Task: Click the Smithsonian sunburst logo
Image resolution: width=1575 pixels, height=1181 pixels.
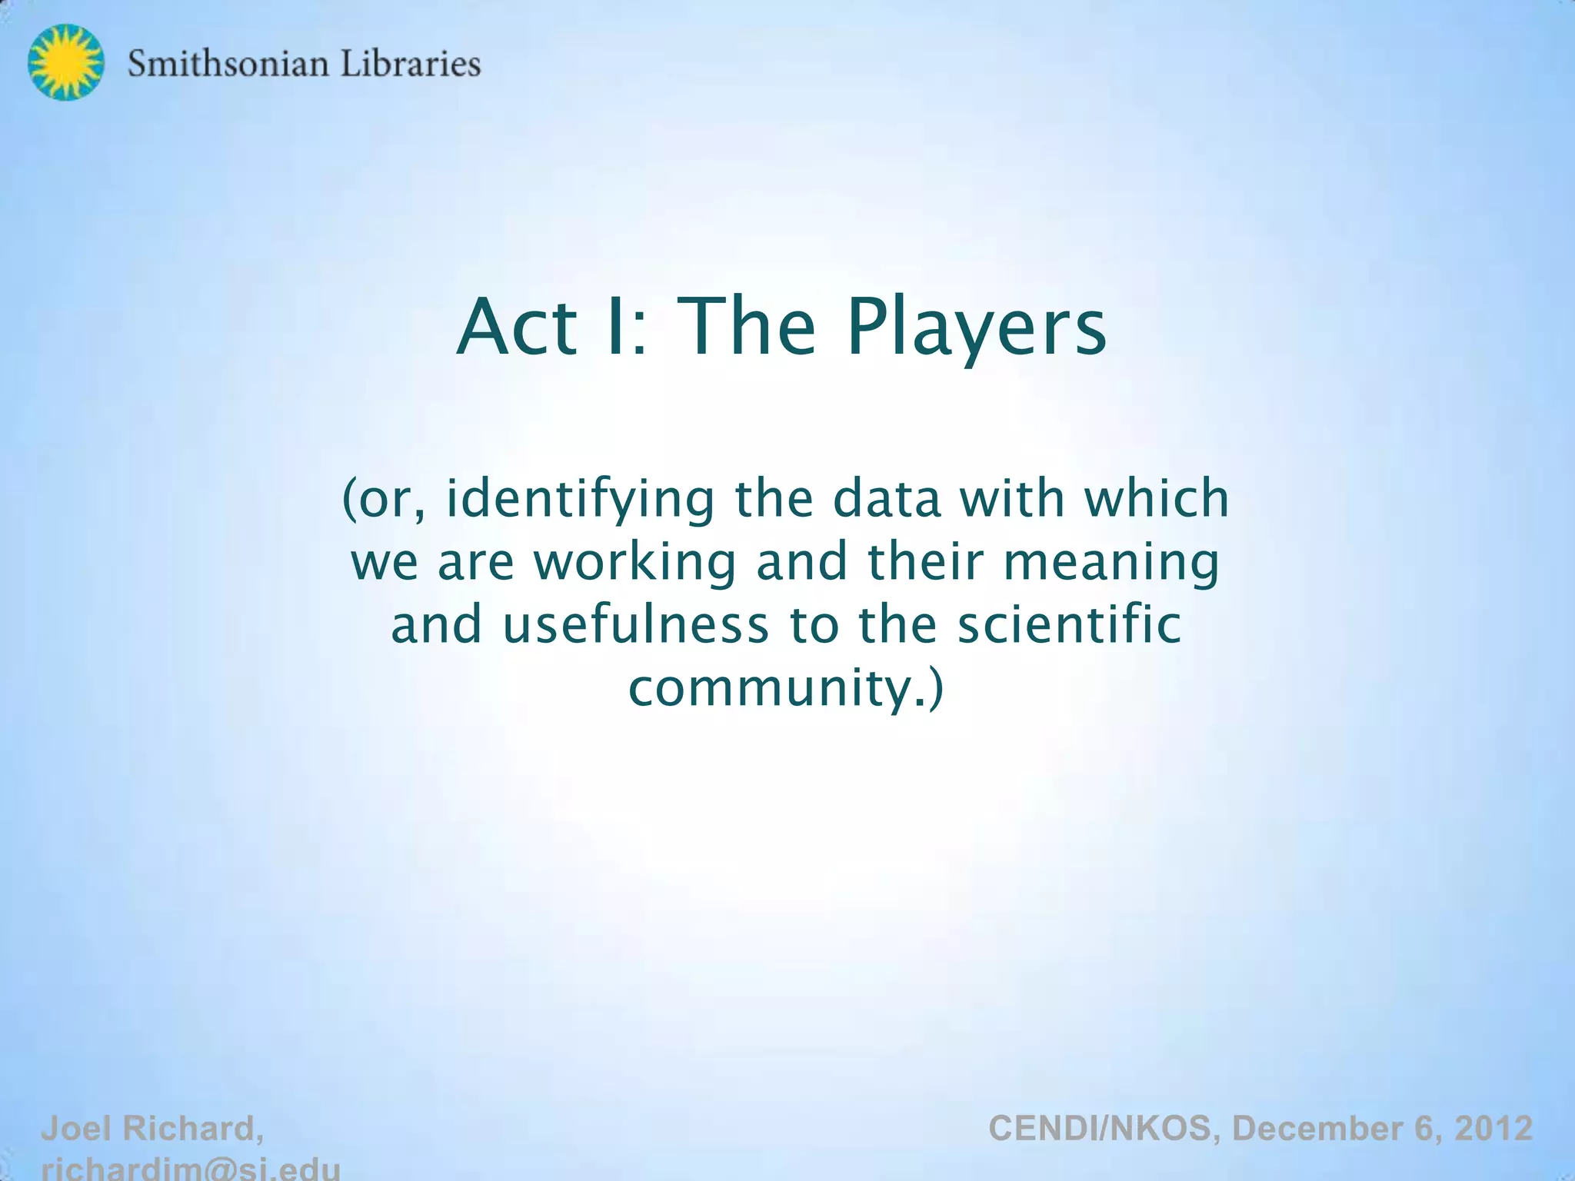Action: coord(65,62)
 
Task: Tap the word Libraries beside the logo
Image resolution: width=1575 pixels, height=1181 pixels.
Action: coord(410,63)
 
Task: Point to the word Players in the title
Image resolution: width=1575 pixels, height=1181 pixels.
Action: coord(977,329)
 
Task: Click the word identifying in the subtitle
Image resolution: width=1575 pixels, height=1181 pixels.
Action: coord(581,500)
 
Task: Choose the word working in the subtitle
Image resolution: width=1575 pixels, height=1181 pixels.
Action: coord(635,563)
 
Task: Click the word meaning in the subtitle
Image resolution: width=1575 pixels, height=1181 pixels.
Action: coord(1111,563)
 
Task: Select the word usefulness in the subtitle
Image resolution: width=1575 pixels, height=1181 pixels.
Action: coord(635,624)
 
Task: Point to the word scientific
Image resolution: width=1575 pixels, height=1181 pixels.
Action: coord(1069,624)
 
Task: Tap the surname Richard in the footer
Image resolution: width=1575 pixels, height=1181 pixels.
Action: coord(193,1129)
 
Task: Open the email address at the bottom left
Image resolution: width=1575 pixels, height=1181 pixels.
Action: coord(190,1169)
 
